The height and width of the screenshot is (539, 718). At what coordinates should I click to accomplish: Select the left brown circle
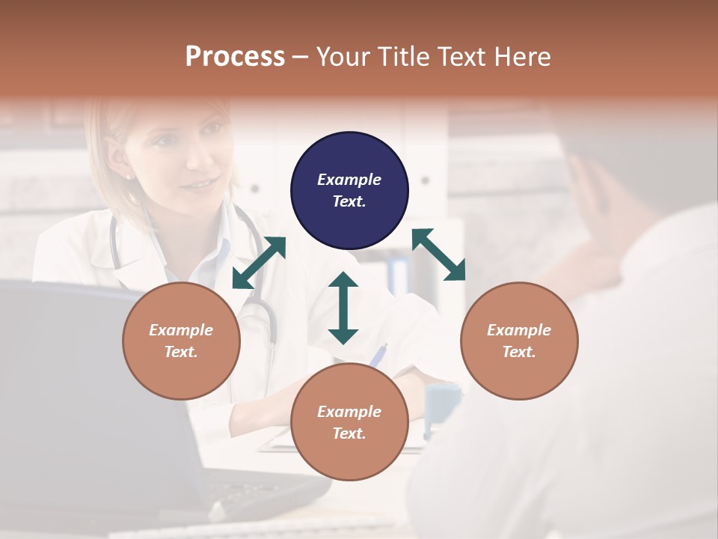pyautogui.click(x=181, y=341)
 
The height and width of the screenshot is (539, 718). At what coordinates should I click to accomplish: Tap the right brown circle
pyautogui.click(x=519, y=341)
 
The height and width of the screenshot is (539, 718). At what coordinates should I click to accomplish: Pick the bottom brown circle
pyautogui.click(x=349, y=421)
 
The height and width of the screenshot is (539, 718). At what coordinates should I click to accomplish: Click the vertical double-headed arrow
pyautogui.click(x=343, y=308)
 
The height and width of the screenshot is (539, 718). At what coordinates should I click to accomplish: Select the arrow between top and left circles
pyautogui.click(x=259, y=263)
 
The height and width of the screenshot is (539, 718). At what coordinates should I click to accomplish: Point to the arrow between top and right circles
pyautogui.click(x=438, y=255)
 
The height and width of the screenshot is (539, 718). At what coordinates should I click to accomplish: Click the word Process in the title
pyautogui.click(x=235, y=56)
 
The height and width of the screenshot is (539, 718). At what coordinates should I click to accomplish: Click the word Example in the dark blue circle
pyautogui.click(x=349, y=180)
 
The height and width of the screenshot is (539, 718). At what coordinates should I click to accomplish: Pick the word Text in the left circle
pyautogui.click(x=181, y=352)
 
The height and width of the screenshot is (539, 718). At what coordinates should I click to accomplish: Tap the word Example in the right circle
pyautogui.click(x=519, y=330)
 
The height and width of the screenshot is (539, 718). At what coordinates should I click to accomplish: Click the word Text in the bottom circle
pyautogui.click(x=349, y=433)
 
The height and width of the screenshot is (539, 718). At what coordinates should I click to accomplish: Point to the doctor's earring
pyautogui.click(x=127, y=177)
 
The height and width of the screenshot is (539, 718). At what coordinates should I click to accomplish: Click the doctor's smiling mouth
pyautogui.click(x=199, y=182)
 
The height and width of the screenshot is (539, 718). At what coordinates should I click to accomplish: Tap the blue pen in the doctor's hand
pyautogui.click(x=378, y=354)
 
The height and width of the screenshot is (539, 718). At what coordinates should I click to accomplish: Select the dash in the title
pyautogui.click(x=301, y=57)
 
